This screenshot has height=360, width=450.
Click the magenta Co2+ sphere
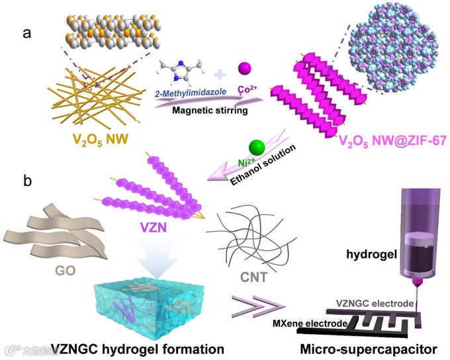click(245, 67)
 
